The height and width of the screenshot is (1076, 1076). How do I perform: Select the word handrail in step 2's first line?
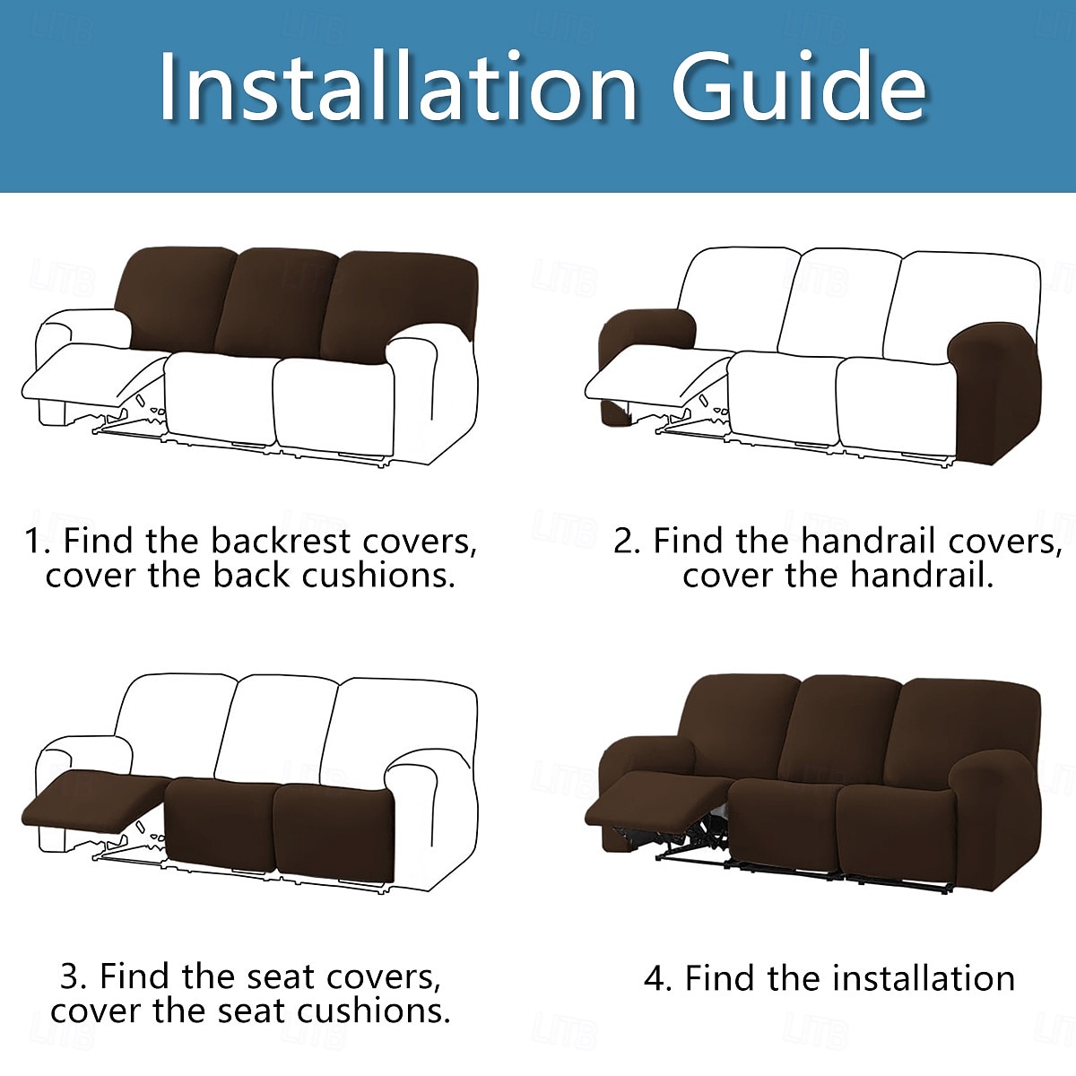pos(869,541)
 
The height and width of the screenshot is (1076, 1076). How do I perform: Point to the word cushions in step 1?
pos(377,576)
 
